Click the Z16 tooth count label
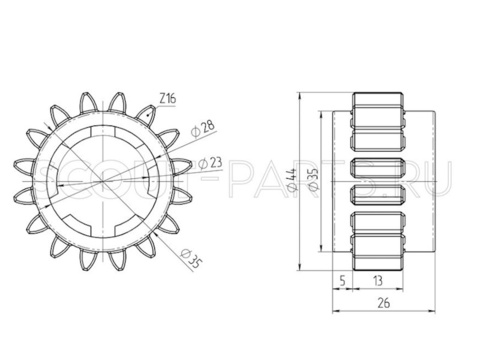[x=167, y=99]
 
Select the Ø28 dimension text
[x=203, y=129]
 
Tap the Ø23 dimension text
[x=210, y=163]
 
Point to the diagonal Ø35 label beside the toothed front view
[x=191, y=259]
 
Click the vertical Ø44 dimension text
[x=291, y=180]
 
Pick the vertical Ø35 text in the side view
[x=313, y=180]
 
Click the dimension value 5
[x=342, y=281]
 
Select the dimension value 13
[x=378, y=281]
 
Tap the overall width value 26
[x=384, y=303]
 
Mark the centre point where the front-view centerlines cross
[x=103, y=181]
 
